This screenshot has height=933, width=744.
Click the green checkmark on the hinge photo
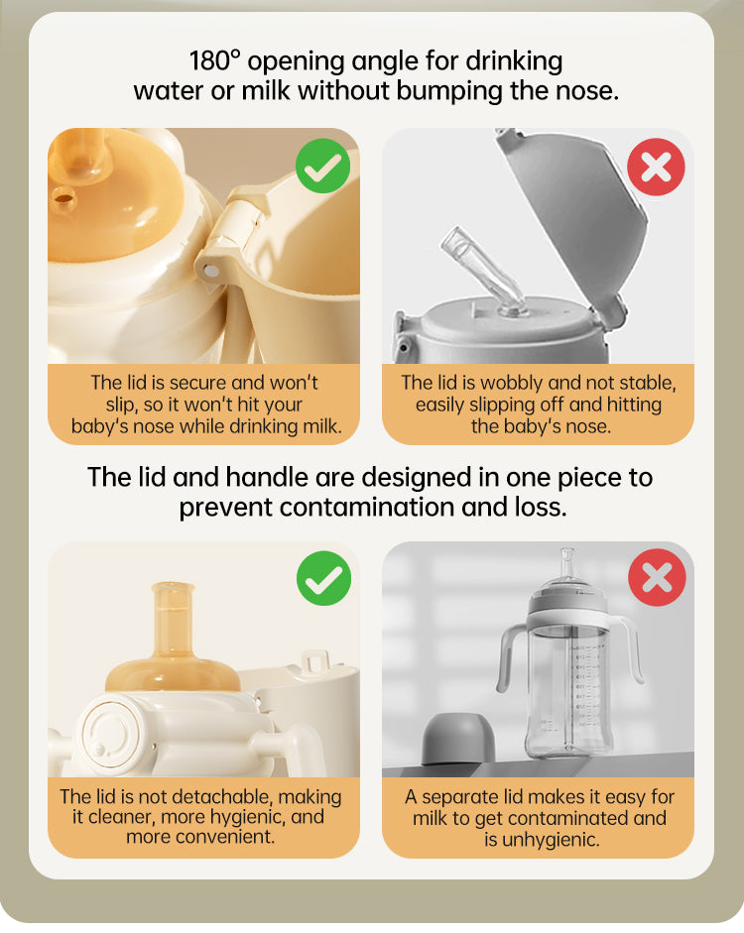click(x=322, y=166)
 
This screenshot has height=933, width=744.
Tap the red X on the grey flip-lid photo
click(x=656, y=167)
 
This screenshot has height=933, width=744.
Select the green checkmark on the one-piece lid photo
click(x=323, y=578)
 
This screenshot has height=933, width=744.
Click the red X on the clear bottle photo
click(x=657, y=577)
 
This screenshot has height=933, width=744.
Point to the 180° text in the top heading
click(x=215, y=60)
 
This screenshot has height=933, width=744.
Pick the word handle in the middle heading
click(x=269, y=477)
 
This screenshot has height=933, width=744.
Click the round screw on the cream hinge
click(x=211, y=272)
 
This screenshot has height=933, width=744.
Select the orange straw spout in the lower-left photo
click(x=174, y=620)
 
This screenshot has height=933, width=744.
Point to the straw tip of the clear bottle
click(x=566, y=553)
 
